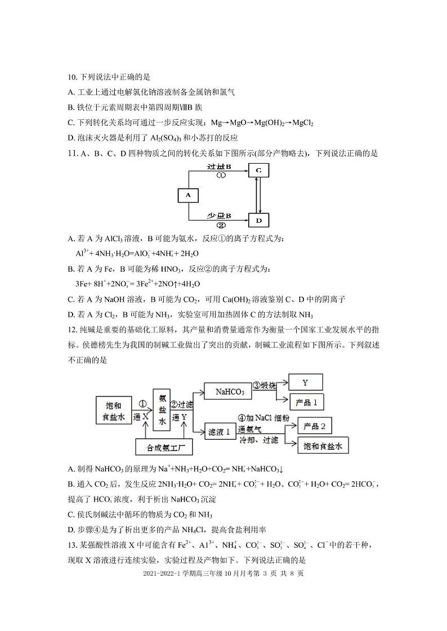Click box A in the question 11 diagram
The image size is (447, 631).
coord(188,195)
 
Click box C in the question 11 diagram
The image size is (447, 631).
coord(258,169)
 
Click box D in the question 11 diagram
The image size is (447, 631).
coord(258,220)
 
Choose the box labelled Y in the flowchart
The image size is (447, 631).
coord(306,382)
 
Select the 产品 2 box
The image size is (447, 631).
coord(315,426)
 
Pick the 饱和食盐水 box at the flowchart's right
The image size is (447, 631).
coord(323,445)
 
